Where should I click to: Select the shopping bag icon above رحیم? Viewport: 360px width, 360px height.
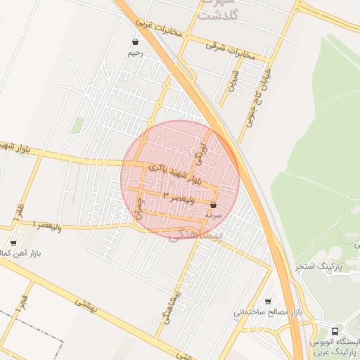pyautogui.click(x=135, y=42)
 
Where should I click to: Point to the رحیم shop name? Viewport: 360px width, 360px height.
pyautogui.click(x=135, y=53)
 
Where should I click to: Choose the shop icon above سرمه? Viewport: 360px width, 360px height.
pyautogui.click(x=214, y=205)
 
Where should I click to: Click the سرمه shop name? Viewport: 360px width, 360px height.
pyautogui.click(x=214, y=215)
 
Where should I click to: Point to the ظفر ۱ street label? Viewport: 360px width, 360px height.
pyautogui.click(x=17, y=212)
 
